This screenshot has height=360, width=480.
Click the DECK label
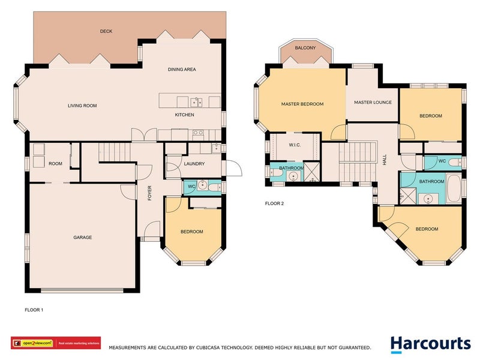click(x=106, y=31)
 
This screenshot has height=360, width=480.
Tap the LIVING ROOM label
click(x=82, y=106)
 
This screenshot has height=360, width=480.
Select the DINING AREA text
click(x=182, y=70)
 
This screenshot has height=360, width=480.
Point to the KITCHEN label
click(x=184, y=115)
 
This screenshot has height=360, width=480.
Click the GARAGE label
click(x=82, y=238)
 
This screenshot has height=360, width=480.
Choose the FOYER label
click(x=151, y=195)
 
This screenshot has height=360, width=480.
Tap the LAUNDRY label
click(x=194, y=164)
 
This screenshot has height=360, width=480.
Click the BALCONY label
click(x=305, y=48)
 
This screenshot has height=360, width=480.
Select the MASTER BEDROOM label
click(x=302, y=104)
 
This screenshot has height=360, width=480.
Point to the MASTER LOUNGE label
click(x=373, y=103)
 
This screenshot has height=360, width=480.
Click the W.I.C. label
click(x=294, y=144)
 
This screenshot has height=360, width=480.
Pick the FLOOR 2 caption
click(x=274, y=203)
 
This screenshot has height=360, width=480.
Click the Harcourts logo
click(x=430, y=344)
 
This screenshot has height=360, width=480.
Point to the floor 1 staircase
click(x=113, y=153)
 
